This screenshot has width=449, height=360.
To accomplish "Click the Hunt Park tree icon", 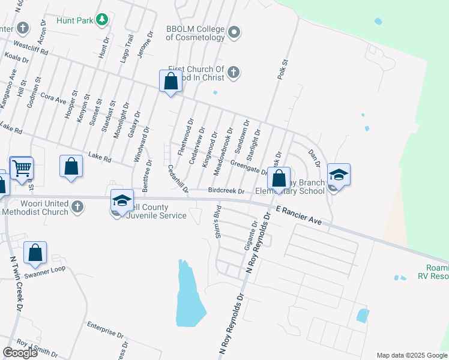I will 103,20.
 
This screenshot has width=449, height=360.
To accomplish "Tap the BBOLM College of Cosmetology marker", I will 234,32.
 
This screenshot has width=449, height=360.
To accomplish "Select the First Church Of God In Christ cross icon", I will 234,73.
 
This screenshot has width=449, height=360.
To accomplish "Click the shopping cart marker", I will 22,169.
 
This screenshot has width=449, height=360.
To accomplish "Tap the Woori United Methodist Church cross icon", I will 76,207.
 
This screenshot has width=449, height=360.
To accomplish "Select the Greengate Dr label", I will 249,167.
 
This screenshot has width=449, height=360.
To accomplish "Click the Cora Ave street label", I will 53,97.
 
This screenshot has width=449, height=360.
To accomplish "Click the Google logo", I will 20,353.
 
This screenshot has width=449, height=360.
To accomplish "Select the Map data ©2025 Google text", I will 411,355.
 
